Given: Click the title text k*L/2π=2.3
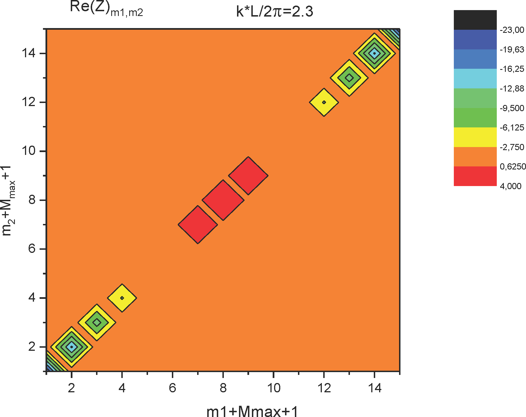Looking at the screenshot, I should coord(274,12).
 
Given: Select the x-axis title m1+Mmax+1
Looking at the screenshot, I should coord(252,412).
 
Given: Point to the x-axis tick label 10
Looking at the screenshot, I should coord(274,388).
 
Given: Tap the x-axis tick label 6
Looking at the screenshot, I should coord(172,388).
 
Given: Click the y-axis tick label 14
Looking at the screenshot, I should coord(29,53).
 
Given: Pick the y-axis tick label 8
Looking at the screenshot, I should coord(32,200).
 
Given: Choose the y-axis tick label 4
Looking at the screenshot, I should coord(32,298).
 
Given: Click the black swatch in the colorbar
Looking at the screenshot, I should coord(475,20).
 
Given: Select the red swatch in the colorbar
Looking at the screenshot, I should coord(475,176).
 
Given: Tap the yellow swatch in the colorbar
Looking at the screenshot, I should coord(475,137).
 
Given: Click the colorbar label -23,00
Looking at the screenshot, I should coord(512,30).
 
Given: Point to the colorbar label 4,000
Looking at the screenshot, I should coord(511,186).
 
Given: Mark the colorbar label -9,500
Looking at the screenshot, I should coord(512,108).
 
